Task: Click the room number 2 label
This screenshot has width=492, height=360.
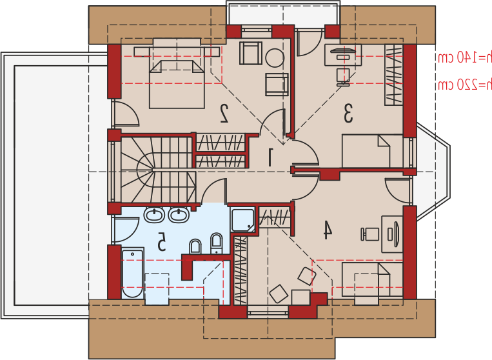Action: [224, 113]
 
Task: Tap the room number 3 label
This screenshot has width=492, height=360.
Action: [348, 114]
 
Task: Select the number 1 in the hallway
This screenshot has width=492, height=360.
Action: [270, 157]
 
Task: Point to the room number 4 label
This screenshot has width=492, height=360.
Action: [328, 230]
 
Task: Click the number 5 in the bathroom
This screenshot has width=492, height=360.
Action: [161, 241]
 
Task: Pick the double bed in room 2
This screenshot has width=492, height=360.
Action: [177, 84]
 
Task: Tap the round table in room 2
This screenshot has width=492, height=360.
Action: [275, 58]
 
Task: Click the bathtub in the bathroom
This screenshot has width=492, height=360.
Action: [132, 273]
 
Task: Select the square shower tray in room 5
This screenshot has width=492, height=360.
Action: [242, 220]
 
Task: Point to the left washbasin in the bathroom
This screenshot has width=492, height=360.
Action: [153, 215]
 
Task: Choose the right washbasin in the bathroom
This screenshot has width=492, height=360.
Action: [179, 215]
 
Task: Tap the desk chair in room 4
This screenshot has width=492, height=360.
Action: [370, 234]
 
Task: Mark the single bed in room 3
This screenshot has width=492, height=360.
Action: [373, 151]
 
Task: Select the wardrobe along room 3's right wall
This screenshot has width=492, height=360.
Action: [394, 75]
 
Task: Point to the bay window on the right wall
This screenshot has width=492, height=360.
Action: [433, 172]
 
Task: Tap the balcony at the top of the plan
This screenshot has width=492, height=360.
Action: [283, 14]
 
